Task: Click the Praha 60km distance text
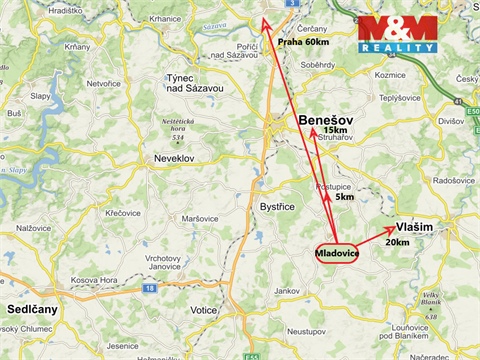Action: click(x=303, y=43)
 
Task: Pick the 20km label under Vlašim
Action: click(x=396, y=242)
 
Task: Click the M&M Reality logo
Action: click(x=398, y=33)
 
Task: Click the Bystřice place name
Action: click(x=278, y=207)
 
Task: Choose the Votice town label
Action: click(x=204, y=310)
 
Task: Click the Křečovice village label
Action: click(x=124, y=213)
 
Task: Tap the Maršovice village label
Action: click(x=199, y=218)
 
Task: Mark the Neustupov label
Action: click(x=308, y=329)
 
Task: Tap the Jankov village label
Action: click(x=287, y=290)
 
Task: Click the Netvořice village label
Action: click(x=103, y=83)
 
